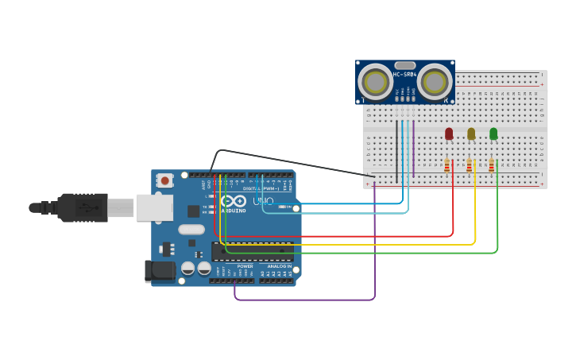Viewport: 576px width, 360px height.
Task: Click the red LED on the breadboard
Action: (x=449, y=134)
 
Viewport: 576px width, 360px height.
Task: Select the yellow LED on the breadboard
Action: (x=471, y=134)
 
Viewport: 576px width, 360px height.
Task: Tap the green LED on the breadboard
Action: (x=493, y=134)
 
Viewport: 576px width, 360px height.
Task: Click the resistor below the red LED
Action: (x=447, y=165)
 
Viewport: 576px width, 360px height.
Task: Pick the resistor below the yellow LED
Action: (x=470, y=165)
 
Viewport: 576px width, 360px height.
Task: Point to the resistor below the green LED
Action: (x=492, y=165)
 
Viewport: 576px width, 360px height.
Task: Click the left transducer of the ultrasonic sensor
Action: (x=375, y=81)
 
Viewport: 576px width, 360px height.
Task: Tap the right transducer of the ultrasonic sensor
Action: (x=435, y=81)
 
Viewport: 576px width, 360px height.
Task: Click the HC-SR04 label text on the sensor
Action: (x=404, y=75)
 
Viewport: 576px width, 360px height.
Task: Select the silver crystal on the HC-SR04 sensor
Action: (x=404, y=65)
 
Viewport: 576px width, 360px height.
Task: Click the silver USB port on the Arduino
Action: (x=154, y=207)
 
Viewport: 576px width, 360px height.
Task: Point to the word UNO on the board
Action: (x=262, y=201)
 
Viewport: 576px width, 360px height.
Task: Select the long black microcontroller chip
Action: (x=252, y=251)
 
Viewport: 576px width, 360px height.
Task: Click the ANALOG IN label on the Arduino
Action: (x=279, y=266)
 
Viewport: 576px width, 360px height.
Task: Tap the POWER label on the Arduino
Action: (x=245, y=266)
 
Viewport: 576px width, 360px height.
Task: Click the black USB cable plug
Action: (x=83, y=207)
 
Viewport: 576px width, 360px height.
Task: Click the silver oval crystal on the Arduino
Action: (x=191, y=230)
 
